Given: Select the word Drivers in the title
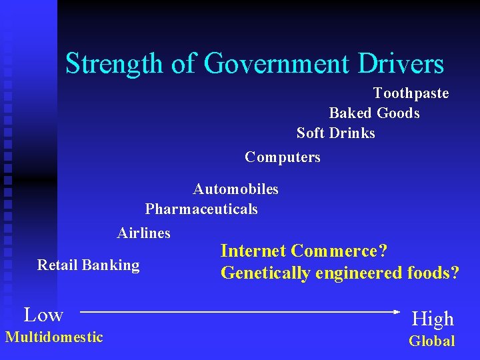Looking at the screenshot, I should [400, 64].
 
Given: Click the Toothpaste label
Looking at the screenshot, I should [411, 93].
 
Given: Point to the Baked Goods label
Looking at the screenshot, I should [374, 113].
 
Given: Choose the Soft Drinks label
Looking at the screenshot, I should [335, 133].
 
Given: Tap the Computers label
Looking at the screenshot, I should [282, 157].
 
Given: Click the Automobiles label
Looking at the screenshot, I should [235, 189].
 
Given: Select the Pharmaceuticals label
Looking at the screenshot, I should [201, 209].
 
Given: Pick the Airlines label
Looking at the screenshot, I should [143, 233].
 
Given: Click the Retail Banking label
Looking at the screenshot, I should [88, 265].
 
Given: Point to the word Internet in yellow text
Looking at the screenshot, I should [253, 251].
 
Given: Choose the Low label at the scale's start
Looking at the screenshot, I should [43, 315].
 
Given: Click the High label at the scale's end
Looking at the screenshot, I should [433, 319].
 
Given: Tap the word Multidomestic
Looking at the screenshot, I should [54, 337].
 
